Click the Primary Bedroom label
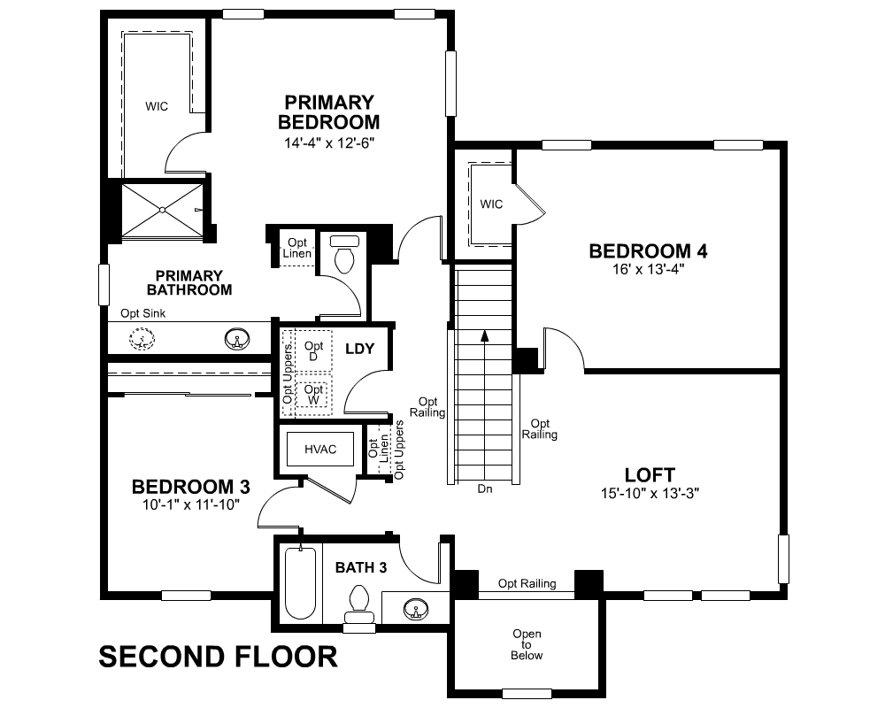coord(328,112)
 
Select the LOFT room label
coord(650,475)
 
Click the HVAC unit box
coord(320,450)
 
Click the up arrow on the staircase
coord(484,336)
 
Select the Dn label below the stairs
coord(484,489)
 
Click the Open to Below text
coord(527,644)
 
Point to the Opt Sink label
coord(143,313)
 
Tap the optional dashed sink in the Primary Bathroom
coord(141,338)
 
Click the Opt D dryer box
coord(313,350)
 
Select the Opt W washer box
coord(313,395)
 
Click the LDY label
coord(360,349)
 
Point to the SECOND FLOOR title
coord(218,657)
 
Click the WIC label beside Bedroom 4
coord(491,204)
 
